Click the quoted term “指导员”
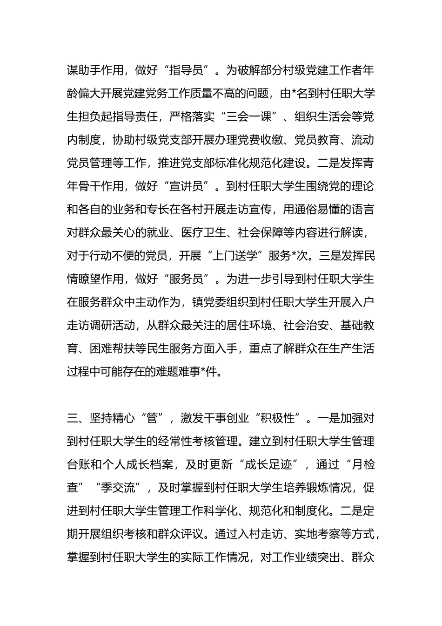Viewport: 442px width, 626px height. (x=192, y=70)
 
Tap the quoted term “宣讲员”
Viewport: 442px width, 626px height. (x=192, y=186)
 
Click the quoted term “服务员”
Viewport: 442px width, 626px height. (x=192, y=279)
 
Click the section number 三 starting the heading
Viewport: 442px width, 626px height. (x=73, y=418)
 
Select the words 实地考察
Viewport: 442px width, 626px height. (x=317, y=534)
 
